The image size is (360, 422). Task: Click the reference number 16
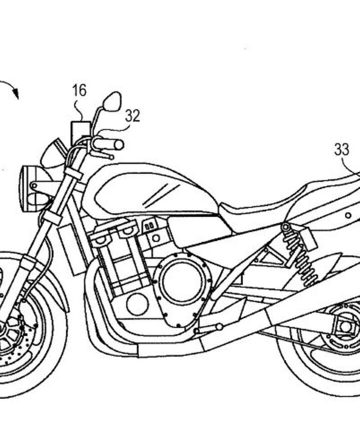79,90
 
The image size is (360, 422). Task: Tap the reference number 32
132,116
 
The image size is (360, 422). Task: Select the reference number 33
341,149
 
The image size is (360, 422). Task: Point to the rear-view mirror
112,101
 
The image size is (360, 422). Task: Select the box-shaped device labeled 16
80,133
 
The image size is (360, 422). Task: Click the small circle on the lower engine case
137,303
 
